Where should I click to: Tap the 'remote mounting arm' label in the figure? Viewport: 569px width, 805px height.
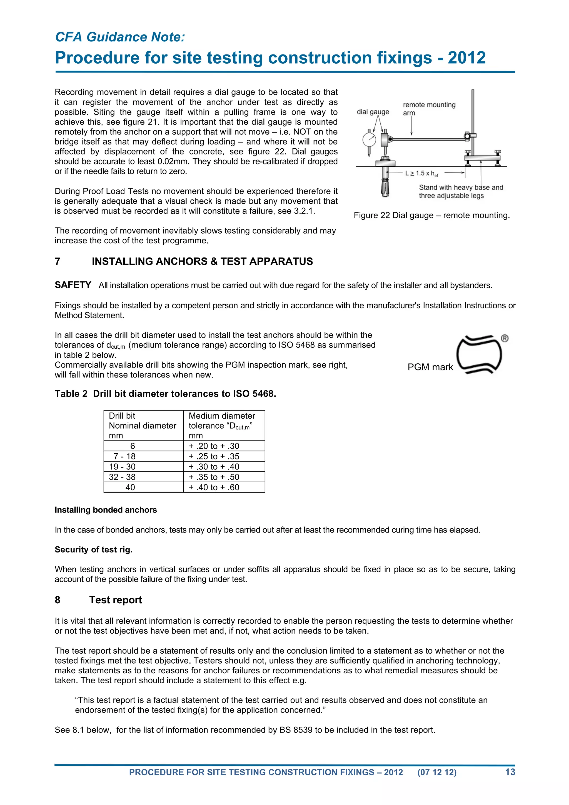pyautogui.click(x=429, y=108)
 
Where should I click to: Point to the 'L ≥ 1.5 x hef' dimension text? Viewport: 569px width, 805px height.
pyautogui.click(x=421, y=173)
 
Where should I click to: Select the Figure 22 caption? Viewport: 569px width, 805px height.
pyautogui.click(x=431, y=215)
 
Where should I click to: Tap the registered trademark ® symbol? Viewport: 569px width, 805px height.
pyautogui.click(x=505, y=338)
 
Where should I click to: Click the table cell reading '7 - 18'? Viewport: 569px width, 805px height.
pyautogui.click(x=124, y=456)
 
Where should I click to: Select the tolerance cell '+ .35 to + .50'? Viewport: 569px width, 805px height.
pyautogui.click(x=214, y=477)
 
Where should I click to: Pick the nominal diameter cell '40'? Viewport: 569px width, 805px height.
pyautogui.click(x=130, y=487)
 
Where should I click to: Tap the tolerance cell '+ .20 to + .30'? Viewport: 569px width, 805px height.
pyautogui.click(x=214, y=446)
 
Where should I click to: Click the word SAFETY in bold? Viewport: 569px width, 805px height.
pyautogui.click(x=73, y=285)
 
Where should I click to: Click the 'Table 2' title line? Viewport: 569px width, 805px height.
pyautogui.click(x=165, y=394)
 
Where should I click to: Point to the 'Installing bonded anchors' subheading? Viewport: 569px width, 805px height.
pyautogui.click(x=106, y=510)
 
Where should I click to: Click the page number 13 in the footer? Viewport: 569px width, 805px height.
pyautogui.click(x=510, y=772)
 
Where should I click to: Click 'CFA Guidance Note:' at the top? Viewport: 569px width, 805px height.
pyautogui.click(x=120, y=37)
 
